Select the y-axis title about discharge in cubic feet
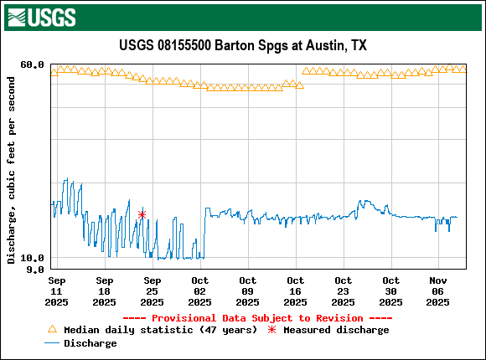pos(11,170)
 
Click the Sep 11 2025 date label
pos(57,291)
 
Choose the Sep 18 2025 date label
pos(105,291)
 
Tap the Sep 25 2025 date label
pos(153,291)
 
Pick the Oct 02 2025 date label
pos(200,291)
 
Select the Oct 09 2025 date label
pos(248,291)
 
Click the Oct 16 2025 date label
pos(296,291)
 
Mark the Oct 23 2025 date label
pos(344,291)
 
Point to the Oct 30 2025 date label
pos(391,291)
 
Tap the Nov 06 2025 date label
pos(439,291)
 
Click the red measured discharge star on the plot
pos(142,215)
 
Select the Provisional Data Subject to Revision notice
pos(242,318)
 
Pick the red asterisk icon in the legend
pos(271,330)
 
